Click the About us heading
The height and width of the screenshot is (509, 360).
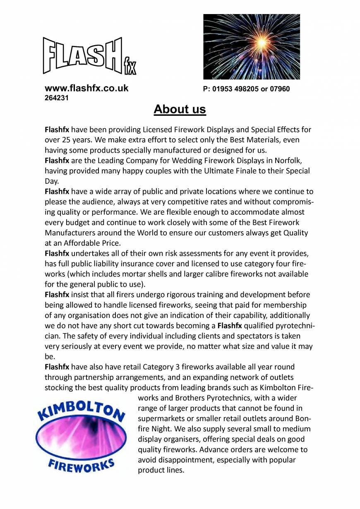pos(180,109)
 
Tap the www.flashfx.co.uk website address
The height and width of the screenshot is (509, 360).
pos(86,88)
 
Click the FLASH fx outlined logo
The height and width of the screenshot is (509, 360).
pos(89,56)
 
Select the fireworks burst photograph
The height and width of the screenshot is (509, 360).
pos(251,47)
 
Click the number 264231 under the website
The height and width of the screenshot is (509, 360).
pos(57,98)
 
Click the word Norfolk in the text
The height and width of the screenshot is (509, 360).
pos(295,161)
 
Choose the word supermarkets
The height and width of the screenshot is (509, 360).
pos(162,418)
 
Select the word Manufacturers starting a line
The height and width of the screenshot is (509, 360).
pos(70,233)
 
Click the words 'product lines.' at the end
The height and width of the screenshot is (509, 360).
pos(161,470)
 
